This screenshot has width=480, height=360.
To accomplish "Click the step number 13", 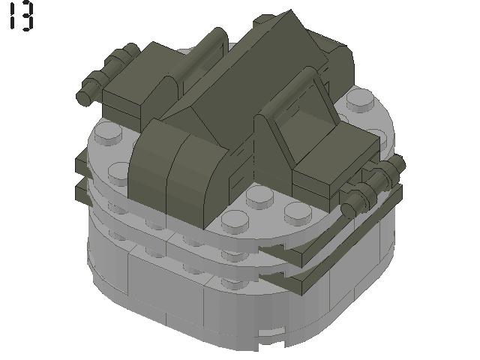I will tap(20, 16).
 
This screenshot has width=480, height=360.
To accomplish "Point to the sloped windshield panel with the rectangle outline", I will tap(301, 121).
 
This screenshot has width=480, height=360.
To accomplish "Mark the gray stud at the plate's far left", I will tap(108, 135).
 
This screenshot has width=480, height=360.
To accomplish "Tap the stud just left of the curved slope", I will tap(121, 173).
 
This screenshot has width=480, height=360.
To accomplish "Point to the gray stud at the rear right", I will tap(362, 100).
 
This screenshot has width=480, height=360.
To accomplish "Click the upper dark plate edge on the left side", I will tap(82, 161).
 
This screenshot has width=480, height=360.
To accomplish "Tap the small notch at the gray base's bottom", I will tap(274, 330).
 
